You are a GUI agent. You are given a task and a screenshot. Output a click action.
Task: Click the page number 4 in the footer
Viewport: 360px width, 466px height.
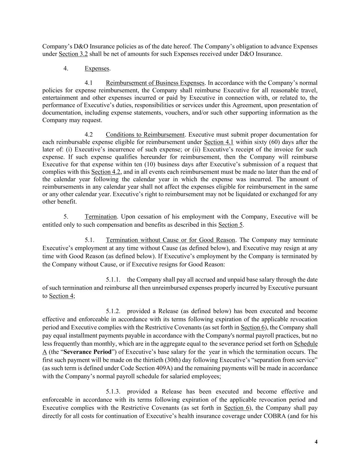[x=316, y=442]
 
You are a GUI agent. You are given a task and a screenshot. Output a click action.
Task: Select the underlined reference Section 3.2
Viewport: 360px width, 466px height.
[x=73, y=54]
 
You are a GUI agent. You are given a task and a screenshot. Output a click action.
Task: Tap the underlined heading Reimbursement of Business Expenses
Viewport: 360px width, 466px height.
[x=155, y=83]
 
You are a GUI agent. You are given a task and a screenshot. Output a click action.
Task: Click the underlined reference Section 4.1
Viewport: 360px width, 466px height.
[x=219, y=142]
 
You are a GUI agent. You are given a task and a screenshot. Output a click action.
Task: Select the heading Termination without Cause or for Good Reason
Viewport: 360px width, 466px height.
[x=171, y=240]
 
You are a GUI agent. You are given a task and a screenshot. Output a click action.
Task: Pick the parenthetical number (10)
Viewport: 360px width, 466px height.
[x=135, y=164]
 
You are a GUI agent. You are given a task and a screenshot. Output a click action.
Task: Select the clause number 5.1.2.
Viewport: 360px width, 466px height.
[x=113, y=311]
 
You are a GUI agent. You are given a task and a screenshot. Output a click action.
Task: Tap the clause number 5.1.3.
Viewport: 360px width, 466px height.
[x=113, y=392]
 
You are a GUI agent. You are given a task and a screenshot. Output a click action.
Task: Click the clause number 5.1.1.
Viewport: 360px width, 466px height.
[x=113, y=280]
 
